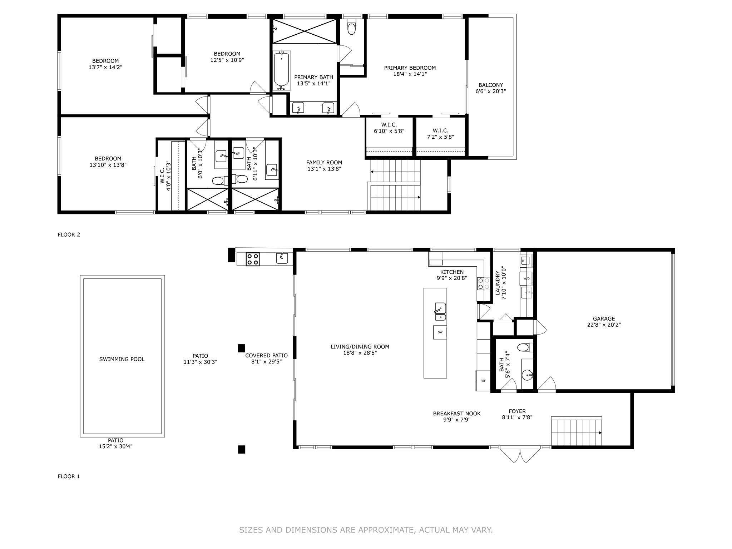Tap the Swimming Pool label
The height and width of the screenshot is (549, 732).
(122, 359)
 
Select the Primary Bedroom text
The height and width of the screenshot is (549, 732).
(410, 68)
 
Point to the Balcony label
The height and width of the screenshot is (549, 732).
(491, 85)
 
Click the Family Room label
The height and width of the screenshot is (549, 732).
(324, 163)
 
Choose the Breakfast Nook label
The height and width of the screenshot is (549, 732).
(457, 414)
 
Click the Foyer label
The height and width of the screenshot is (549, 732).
(517, 411)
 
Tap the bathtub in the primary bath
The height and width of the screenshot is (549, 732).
(282, 70)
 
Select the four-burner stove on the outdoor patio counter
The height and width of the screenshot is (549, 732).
(253, 259)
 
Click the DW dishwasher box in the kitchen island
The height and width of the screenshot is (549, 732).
(440, 332)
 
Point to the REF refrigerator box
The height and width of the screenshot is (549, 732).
(483, 381)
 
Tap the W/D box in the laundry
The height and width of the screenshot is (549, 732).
(526, 278)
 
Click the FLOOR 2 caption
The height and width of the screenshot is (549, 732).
(69, 234)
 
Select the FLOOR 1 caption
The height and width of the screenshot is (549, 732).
(69, 476)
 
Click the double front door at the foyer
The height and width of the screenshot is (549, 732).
(520, 455)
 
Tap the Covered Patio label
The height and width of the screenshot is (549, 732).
(266, 356)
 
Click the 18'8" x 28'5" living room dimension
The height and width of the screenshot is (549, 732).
(360, 353)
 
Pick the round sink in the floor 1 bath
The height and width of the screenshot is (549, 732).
(527, 375)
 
